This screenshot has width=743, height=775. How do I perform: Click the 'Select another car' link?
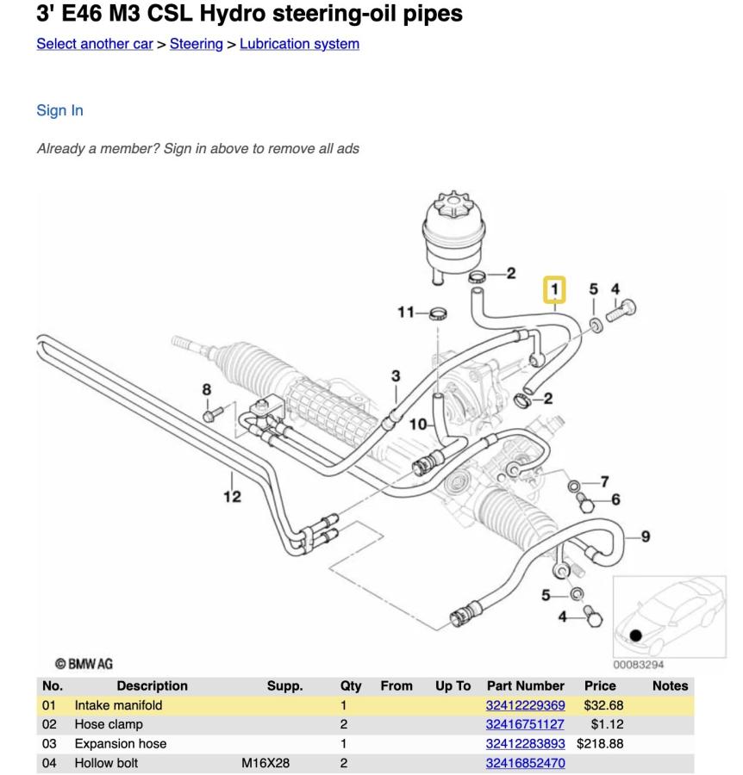[95, 44]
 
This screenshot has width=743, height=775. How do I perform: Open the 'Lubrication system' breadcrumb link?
[299, 44]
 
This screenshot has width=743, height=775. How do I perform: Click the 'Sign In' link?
[59, 110]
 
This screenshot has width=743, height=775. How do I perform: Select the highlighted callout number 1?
[554, 288]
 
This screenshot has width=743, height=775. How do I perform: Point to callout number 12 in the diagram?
[232, 496]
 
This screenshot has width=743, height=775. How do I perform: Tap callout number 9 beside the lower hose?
[645, 536]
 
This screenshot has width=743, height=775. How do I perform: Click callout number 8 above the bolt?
[207, 389]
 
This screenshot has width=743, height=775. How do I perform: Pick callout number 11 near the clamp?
[406, 312]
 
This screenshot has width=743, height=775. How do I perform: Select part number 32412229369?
[525, 705]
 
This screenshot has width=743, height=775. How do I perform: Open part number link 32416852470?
[525, 762]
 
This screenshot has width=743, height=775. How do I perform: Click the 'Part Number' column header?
[526, 685]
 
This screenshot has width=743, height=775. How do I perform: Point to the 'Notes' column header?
[670, 685]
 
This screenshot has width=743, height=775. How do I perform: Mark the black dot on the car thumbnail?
[636, 635]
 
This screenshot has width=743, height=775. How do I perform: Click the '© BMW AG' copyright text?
[84, 664]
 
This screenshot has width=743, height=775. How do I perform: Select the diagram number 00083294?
[638, 664]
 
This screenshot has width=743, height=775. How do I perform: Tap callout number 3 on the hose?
[396, 375]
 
